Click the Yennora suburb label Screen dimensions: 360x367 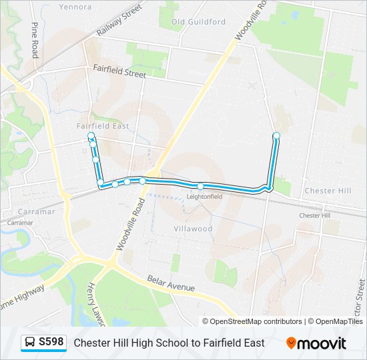[75, 7]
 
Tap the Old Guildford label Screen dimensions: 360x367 [198, 22]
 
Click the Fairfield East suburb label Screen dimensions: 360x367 [103, 126]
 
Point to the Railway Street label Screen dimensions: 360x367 [119, 20]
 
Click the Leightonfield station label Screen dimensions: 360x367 [204, 197]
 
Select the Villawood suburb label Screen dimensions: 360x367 [193, 229]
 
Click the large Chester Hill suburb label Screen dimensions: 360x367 [327, 191]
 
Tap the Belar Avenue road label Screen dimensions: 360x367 [171, 283]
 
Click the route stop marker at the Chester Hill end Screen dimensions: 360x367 [276, 136]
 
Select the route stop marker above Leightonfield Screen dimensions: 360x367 [200, 186]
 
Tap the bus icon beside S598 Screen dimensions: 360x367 [30, 343]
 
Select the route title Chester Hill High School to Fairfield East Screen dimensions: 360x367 [169, 343]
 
